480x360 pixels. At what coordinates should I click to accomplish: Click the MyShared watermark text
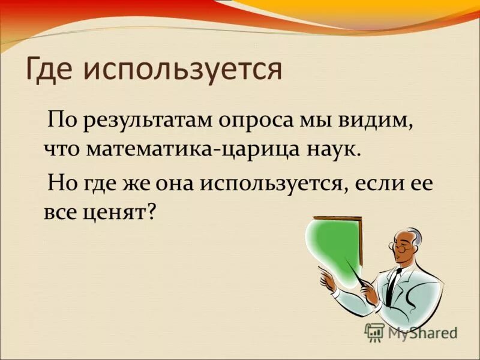click(x=422, y=333)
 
